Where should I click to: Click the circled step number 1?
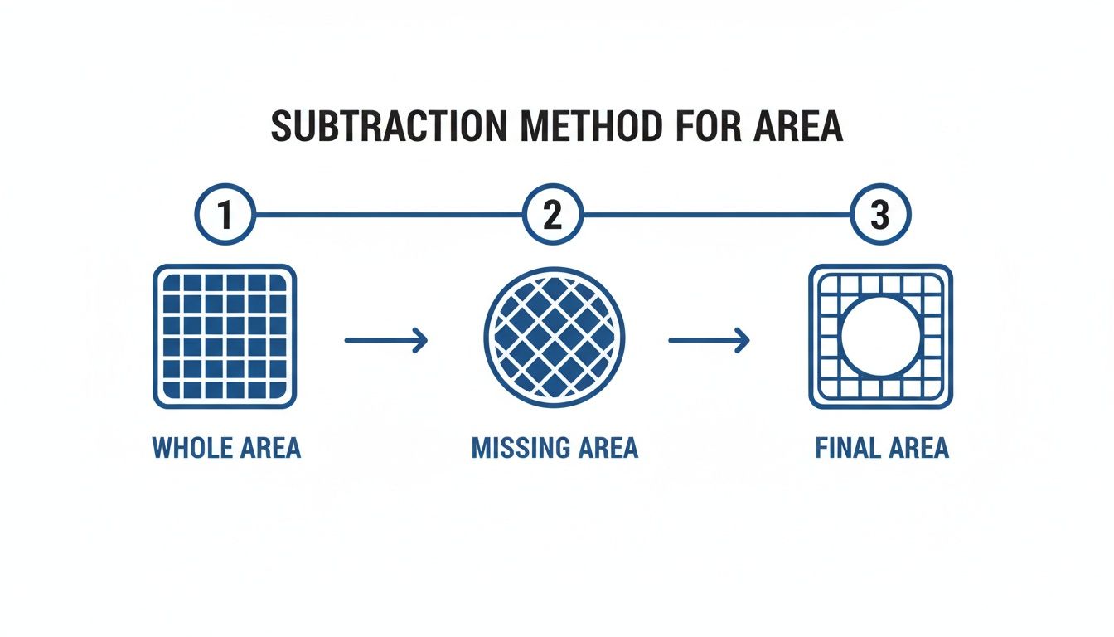tap(224, 215)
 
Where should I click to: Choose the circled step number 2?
tap(553, 215)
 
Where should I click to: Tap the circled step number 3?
tap(880, 215)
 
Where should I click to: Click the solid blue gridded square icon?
tap(225, 336)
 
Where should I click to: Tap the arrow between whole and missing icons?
tap(385, 338)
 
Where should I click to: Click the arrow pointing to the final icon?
tap(709, 338)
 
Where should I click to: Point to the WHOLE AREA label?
tap(226, 449)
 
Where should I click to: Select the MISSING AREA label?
tap(555, 449)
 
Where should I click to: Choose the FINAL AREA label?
tap(882, 449)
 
